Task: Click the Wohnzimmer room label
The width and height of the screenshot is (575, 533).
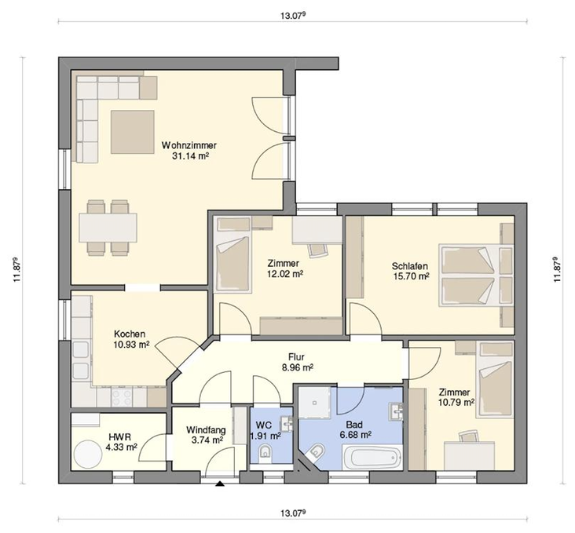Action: (x=189, y=145)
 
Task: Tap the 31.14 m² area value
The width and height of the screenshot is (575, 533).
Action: (x=190, y=156)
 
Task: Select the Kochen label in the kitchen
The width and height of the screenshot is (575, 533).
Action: (x=130, y=334)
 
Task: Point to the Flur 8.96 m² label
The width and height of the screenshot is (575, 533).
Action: (x=297, y=362)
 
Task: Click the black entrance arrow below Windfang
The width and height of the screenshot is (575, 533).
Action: (x=220, y=484)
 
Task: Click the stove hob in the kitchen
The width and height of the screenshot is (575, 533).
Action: (x=122, y=396)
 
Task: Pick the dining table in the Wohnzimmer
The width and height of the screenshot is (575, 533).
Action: (x=108, y=228)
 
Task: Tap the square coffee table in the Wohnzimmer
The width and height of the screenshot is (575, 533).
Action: (x=133, y=132)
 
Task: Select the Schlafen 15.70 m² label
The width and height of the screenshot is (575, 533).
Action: (x=410, y=271)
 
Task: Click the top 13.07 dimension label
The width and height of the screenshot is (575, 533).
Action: (x=293, y=16)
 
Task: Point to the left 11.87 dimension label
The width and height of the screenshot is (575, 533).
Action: (x=16, y=269)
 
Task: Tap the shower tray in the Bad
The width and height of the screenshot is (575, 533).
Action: (x=314, y=403)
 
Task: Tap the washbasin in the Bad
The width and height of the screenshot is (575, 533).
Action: (x=397, y=411)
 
